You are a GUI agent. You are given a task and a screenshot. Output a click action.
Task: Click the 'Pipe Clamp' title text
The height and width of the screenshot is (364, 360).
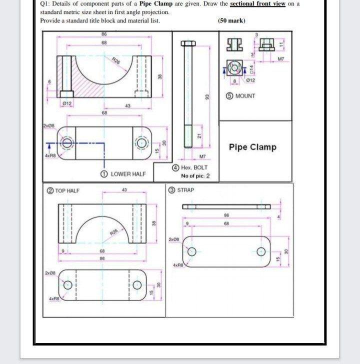pyautogui.click(x=252, y=147)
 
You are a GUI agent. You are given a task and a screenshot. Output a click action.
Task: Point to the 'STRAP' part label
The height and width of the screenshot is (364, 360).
pyautogui.click(x=185, y=190)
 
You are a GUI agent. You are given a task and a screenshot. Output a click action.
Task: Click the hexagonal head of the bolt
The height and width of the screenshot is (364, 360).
pyautogui.click(x=188, y=43)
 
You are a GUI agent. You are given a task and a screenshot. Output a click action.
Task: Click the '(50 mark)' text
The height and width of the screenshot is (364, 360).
pyautogui.click(x=231, y=20)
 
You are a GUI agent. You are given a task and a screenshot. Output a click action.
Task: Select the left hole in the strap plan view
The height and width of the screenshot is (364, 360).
pyautogui.click(x=190, y=251)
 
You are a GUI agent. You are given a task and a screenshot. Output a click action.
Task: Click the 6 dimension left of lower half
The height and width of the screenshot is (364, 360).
pyautogui.click(x=49, y=81)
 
